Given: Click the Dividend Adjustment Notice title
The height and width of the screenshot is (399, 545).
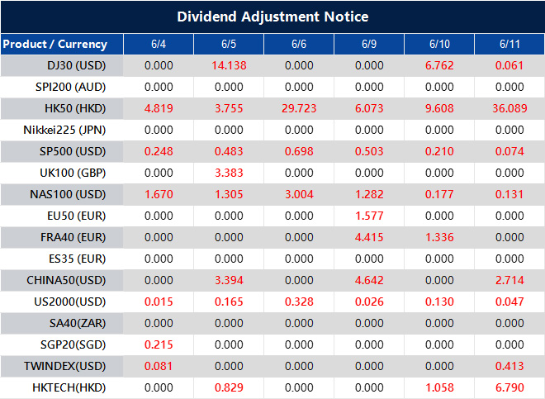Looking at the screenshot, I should coord(272,17).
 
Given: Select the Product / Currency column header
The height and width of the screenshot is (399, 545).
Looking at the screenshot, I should coord(54,44).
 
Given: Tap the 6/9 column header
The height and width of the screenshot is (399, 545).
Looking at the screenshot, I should coord(368,44).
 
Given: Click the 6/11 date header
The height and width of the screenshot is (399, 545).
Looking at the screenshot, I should coord(509,44).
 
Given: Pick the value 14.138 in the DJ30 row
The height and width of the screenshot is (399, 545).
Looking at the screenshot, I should coord(229,65).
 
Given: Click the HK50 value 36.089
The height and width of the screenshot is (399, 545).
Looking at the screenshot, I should coord(509,108).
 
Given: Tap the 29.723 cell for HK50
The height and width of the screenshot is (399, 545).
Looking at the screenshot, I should coord(299,108).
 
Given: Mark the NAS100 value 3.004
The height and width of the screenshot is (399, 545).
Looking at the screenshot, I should coord(299,194).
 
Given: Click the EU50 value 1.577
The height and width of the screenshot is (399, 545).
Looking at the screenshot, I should coord(368,216).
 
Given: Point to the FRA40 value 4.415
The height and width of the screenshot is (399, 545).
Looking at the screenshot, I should coord(368,237).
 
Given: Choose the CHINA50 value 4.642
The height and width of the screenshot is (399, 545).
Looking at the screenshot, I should coord(368,279).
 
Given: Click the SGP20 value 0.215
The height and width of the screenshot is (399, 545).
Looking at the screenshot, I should coord(159,344).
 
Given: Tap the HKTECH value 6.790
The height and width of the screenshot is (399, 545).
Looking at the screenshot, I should coord(509,387).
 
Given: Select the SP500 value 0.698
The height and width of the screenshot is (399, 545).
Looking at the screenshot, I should coord(299,151).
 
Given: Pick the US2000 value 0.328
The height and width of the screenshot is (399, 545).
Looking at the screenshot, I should coord(299,301).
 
